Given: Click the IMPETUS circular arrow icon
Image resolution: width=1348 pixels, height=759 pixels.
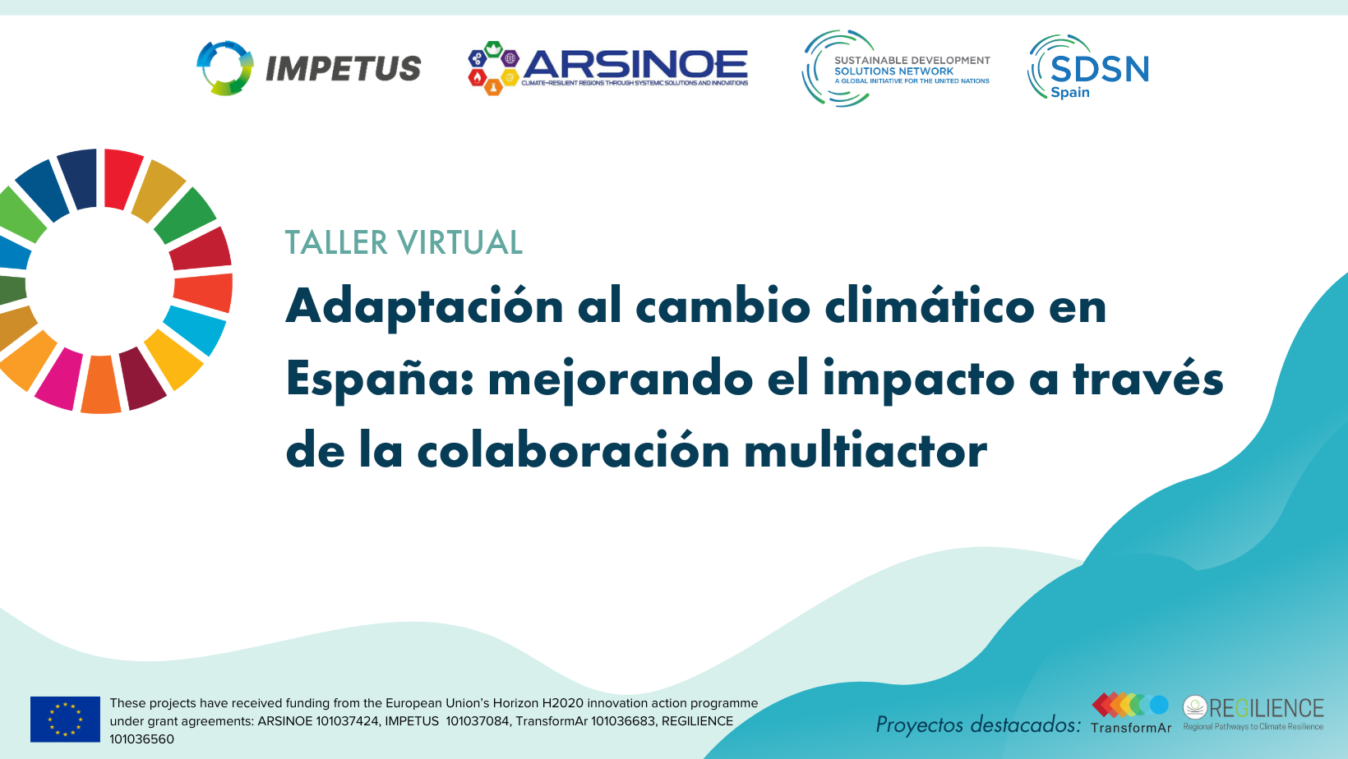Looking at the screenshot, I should click(224, 67).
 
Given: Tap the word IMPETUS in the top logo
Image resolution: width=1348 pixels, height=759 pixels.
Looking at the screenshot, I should click(343, 68).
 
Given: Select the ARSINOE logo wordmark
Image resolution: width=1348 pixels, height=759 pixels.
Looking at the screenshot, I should click(635, 64).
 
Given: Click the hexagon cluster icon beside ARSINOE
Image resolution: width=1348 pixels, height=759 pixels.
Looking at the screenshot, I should click(493, 67).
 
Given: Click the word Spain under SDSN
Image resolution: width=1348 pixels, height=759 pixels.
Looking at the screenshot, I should click(1069, 93).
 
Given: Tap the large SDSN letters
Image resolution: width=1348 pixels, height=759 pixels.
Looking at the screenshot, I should click(1100, 69).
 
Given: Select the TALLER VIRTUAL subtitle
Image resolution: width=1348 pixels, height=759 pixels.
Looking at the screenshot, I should click(404, 242).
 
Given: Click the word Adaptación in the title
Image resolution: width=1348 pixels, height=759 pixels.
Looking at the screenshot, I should click(424, 306).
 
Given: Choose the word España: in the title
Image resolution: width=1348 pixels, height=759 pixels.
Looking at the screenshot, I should click(380, 379).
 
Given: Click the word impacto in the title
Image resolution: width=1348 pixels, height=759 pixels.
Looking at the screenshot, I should click(918, 379).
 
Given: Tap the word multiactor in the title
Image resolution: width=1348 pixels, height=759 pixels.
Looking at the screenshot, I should click(866, 451).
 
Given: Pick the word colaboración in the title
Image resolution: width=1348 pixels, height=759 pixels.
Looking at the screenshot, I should click(573, 451).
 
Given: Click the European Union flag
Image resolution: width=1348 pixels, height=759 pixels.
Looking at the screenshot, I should click(65, 719).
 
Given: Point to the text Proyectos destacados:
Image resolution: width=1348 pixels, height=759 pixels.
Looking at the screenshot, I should click(978, 724).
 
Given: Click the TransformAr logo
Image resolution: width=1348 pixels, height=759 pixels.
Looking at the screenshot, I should click(1131, 713).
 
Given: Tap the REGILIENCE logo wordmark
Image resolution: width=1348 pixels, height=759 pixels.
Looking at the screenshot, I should click(1266, 708).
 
